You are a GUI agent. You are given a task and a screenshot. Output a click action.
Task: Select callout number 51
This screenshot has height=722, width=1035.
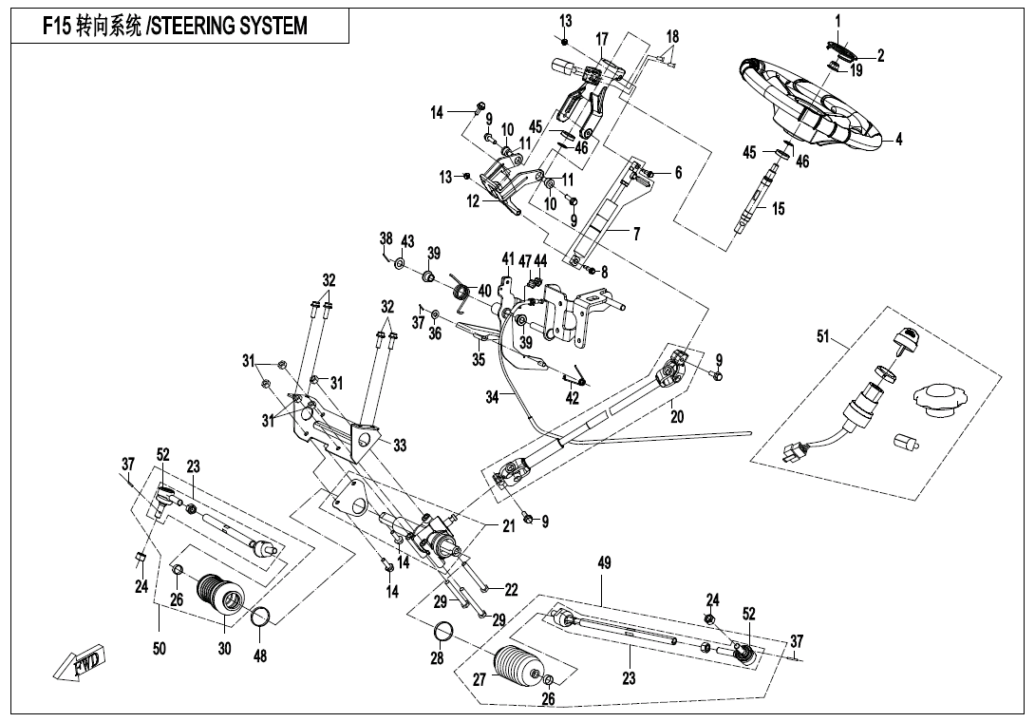822,335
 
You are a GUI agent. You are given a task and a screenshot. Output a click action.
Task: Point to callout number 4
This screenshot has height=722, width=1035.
898,139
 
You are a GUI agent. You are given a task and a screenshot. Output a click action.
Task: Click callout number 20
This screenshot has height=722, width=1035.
677,416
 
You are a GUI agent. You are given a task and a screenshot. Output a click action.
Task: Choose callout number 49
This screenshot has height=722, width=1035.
604,564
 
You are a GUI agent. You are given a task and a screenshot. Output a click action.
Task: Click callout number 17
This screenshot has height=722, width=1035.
601,38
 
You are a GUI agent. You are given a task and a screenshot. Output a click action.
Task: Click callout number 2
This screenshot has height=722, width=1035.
880,55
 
